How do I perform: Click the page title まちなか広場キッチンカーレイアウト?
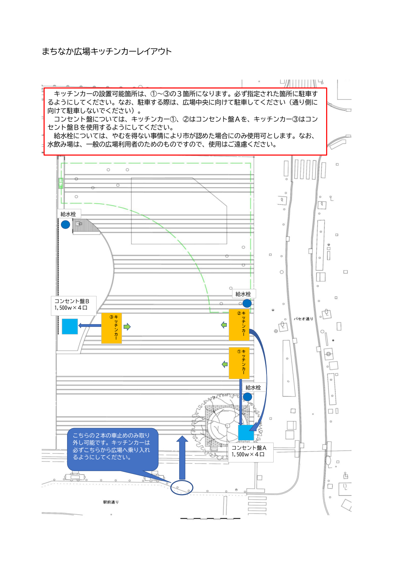[107, 51]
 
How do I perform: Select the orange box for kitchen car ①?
[239, 363]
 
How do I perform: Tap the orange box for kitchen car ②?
[239, 325]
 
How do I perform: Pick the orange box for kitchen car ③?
[111, 328]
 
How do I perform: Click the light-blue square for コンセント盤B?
[70, 326]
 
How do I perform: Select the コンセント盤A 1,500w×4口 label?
[251, 452]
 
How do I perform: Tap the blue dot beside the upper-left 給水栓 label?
[65, 225]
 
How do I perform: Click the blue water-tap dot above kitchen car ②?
[247, 303]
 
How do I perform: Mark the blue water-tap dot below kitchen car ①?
[247, 397]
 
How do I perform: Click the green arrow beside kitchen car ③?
[127, 327]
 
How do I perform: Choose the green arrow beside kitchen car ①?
[225, 364]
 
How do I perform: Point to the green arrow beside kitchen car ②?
[224, 325]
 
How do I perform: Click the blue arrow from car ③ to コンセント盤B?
[89, 325]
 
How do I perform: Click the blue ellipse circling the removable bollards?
[182, 495]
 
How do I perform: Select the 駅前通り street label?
[111, 502]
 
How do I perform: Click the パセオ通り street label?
[303, 319]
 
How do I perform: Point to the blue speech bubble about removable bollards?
[113, 449]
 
